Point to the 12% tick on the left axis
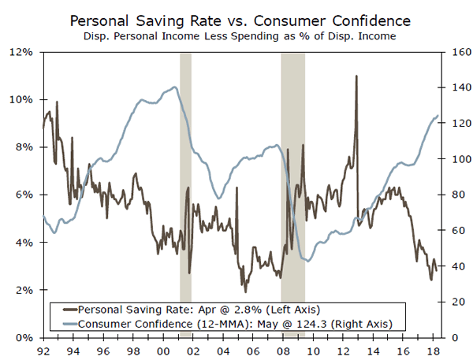click(20, 52)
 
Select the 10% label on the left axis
click(20, 99)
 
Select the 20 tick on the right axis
click(450, 302)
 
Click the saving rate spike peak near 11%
click(356, 76)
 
